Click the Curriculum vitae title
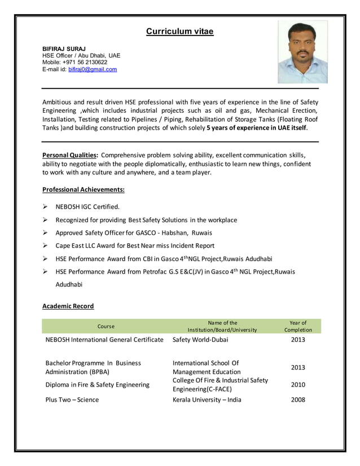pyautogui.click(x=179, y=32)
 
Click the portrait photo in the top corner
pyautogui.click(x=302, y=52)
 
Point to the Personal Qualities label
pyautogui.click(x=71, y=155)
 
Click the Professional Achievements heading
pyautogui.click(x=84, y=190)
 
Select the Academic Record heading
pyautogui.click(x=68, y=306)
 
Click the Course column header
pyautogui.click(x=106, y=327)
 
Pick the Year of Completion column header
pyautogui.click(x=298, y=326)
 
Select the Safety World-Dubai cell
pyautogui.click(x=200, y=340)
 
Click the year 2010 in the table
pyautogui.click(x=298, y=385)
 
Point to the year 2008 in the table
pyautogui.click(x=298, y=399)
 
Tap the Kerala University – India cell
pyautogui.click(x=207, y=399)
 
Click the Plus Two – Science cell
pyautogui.click(x=72, y=399)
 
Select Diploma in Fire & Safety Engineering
pyautogui.click(x=98, y=385)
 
